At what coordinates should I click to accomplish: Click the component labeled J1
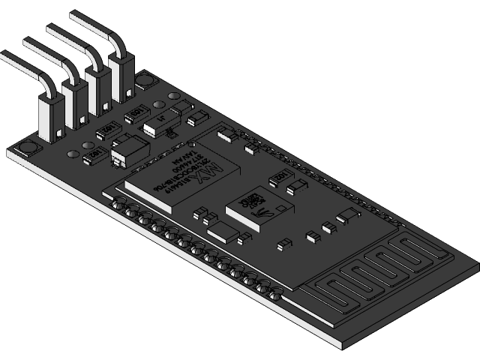click(159, 122)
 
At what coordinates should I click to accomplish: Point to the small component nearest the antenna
click(348, 217)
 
